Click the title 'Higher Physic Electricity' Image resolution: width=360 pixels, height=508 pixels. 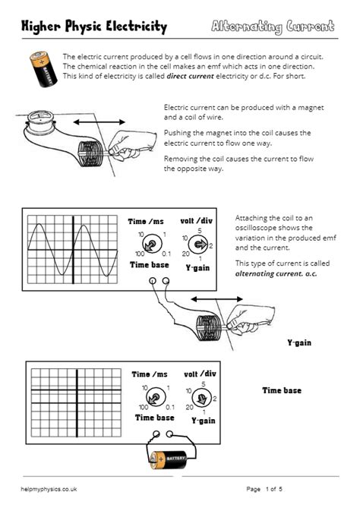(x=94, y=27)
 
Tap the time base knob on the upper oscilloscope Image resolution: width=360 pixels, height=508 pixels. (x=152, y=245)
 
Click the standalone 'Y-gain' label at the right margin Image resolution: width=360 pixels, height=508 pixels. (x=299, y=343)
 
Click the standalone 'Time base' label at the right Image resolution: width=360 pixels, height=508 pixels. (x=282, y=390)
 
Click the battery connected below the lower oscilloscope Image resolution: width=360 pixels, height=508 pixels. (x=166, y=459)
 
